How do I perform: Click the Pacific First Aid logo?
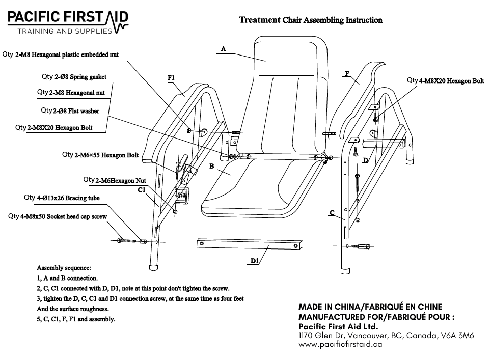tap(68, 22)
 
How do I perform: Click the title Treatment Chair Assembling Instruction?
tap(311, 21)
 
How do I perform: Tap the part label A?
tap(223, 48)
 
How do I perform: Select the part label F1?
tap(171, 78)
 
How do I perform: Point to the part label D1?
tap(255, 261)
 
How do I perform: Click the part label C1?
tap(142, 189)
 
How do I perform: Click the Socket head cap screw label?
tap(57, 216)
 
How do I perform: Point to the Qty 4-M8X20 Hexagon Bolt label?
tap(445, 80)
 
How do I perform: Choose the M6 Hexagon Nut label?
tap(115, 180)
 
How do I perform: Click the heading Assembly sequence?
tap(64, 267)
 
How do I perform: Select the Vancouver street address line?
tap(386, 336)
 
